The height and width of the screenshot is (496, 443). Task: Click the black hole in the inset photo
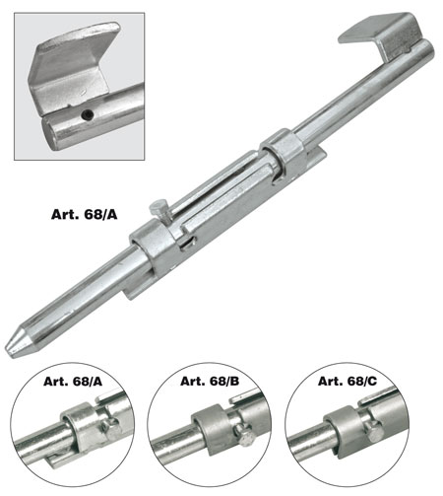[x=88, y=114]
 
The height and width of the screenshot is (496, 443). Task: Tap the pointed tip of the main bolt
[x=7, y=349]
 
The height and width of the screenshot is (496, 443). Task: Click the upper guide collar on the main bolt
[x=283, y=152]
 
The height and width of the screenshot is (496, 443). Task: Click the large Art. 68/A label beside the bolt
[x=84, y=214]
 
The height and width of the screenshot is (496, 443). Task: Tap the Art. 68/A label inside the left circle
[x=73, y=381]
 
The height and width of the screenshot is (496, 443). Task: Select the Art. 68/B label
[x=210, y=381]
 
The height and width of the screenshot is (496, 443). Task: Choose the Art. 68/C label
[x=348, y=381]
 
